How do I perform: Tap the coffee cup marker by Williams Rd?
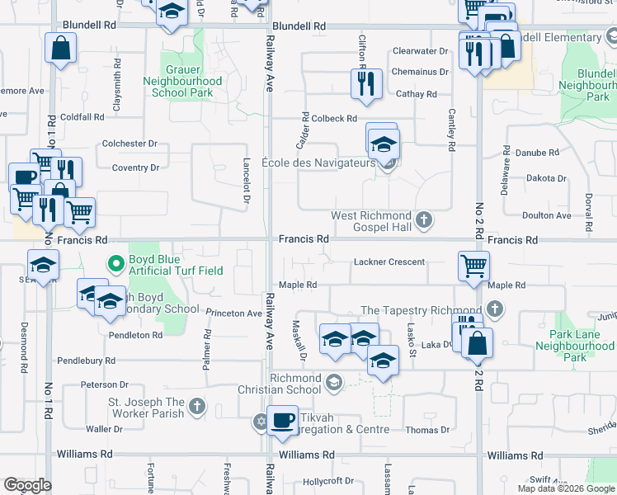283,420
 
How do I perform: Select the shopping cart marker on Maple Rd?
473,266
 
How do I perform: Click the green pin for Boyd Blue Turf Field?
117,265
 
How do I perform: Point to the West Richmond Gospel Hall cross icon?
424,219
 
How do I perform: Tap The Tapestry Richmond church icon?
495,309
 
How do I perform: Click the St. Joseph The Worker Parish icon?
196,407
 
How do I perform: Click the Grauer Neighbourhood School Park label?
182,82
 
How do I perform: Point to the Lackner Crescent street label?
389,262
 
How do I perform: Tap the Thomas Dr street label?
427,430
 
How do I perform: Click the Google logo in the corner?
27,485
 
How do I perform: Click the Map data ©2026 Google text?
565,488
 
